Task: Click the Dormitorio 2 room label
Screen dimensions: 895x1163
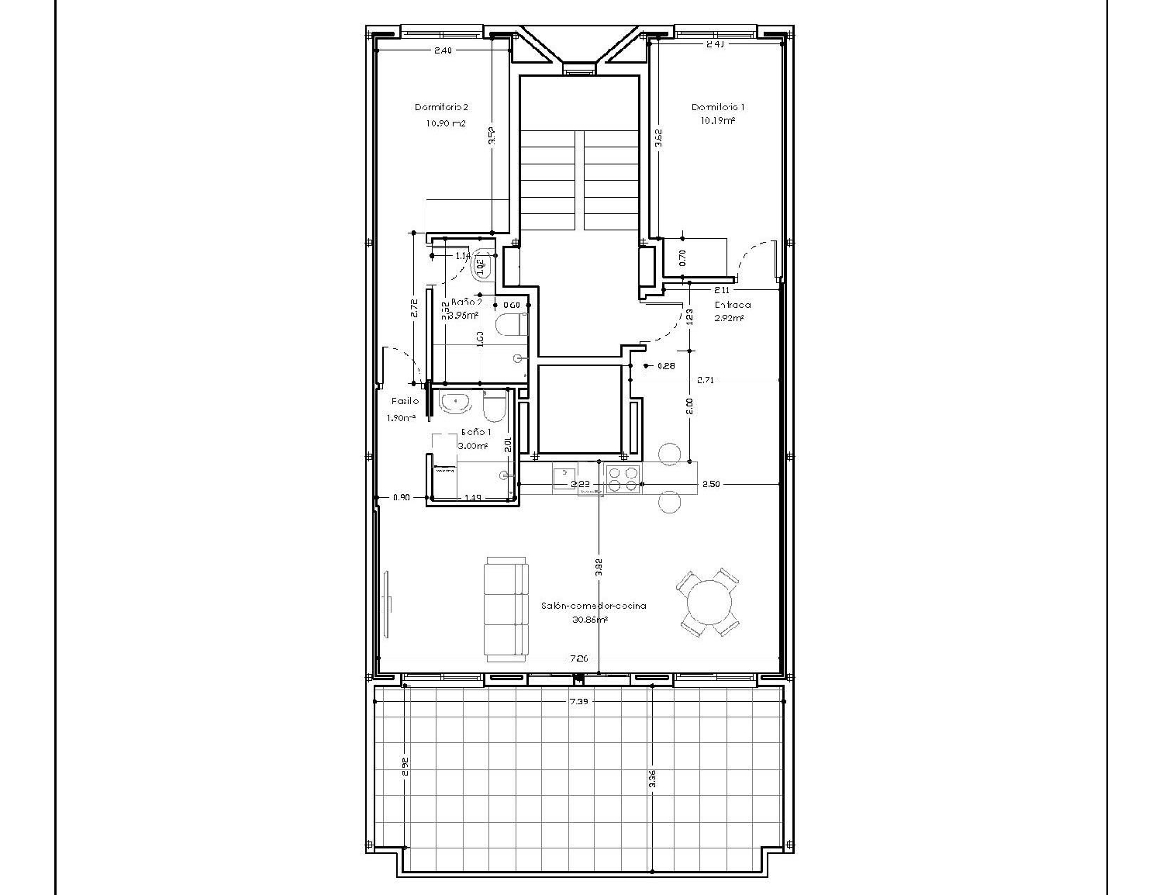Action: [441, 107]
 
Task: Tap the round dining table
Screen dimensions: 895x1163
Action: [709, 603]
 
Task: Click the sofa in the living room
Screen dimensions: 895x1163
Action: [506, 609]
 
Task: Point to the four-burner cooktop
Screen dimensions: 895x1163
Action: [623, 479]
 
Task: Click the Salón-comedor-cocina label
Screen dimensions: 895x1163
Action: [594, 606]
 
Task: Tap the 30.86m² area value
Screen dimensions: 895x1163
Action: [590, 620]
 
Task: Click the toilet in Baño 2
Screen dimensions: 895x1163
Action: [509, 325]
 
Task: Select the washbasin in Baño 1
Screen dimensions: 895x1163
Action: [454, 403]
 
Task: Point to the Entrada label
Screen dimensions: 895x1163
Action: [727, 305]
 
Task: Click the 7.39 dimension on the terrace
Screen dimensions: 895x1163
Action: [578, 700]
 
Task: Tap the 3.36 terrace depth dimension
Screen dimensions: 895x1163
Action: [653, 779]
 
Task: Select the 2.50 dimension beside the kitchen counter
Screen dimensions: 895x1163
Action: [711, 484]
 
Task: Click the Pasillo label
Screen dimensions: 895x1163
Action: [405, 401]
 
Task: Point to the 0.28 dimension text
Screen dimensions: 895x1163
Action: [665, 366]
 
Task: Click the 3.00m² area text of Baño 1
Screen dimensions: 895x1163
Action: [473, 446]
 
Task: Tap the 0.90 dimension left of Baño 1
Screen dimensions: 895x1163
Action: [401, 497]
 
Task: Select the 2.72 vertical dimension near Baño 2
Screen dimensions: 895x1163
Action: [414, 309]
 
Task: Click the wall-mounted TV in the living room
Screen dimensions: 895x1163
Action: [388, 603]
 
